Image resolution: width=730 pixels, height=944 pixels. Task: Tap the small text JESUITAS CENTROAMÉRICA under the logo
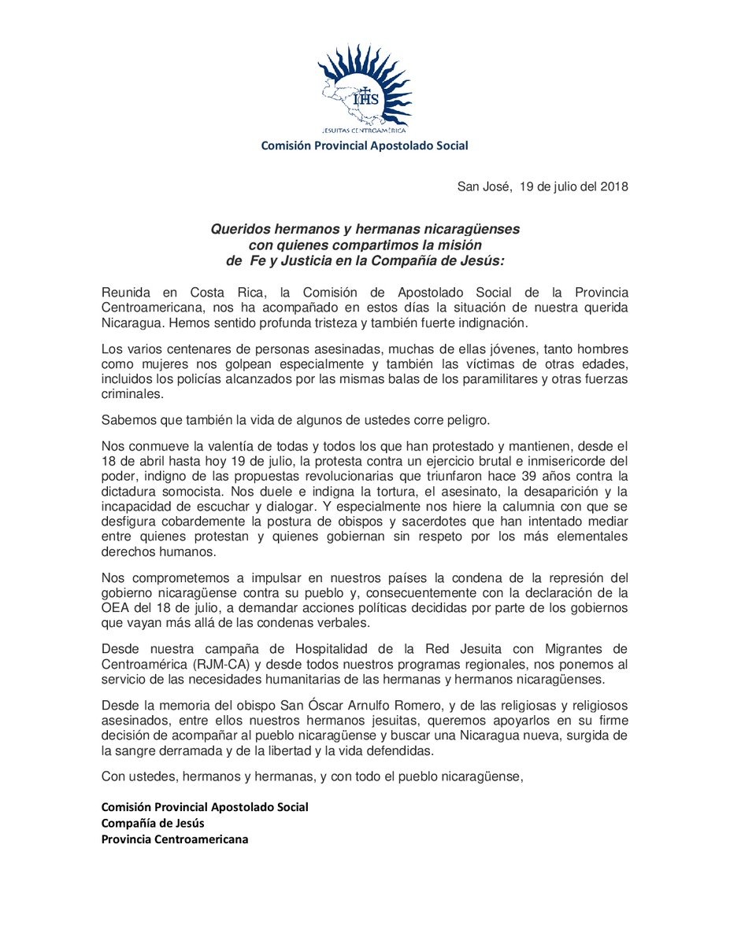[x=365, y=130]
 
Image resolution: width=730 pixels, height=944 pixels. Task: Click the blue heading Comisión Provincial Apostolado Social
[x=365, y=146]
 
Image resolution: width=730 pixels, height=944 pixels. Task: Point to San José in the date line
[x=483, y=186]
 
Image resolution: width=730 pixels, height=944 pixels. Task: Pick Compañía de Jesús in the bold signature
[x=153, y=823]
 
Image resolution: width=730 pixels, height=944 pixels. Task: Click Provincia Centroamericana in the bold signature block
[x=174, y=839]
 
